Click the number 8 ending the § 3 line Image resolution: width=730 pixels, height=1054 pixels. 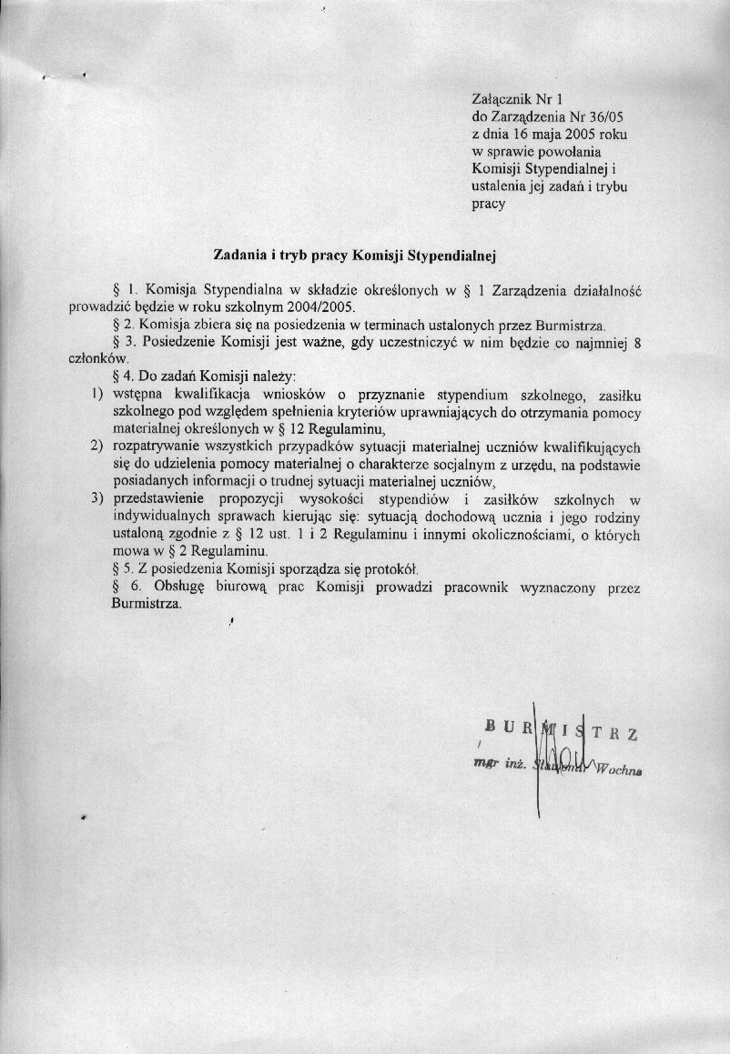coord(637,341)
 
